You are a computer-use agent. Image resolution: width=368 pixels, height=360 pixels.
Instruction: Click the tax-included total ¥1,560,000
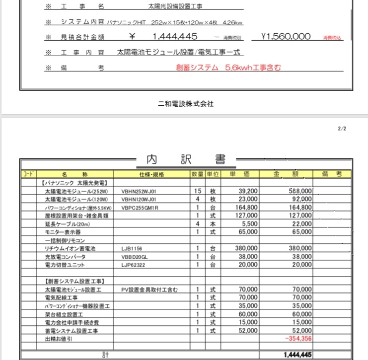pyautogui.click(x=286, y=36)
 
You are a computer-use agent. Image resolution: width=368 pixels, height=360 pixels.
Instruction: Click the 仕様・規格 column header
pyautogui.click(x=152, y=174)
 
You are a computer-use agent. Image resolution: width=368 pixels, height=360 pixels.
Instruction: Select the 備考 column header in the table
pyautogui.click(x=332, y=174)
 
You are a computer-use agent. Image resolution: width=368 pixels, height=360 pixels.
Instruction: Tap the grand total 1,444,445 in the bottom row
pyautogui.click(x=297, y=355)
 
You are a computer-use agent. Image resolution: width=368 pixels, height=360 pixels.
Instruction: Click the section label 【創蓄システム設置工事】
pyautogui.click(x=73, y=281)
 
